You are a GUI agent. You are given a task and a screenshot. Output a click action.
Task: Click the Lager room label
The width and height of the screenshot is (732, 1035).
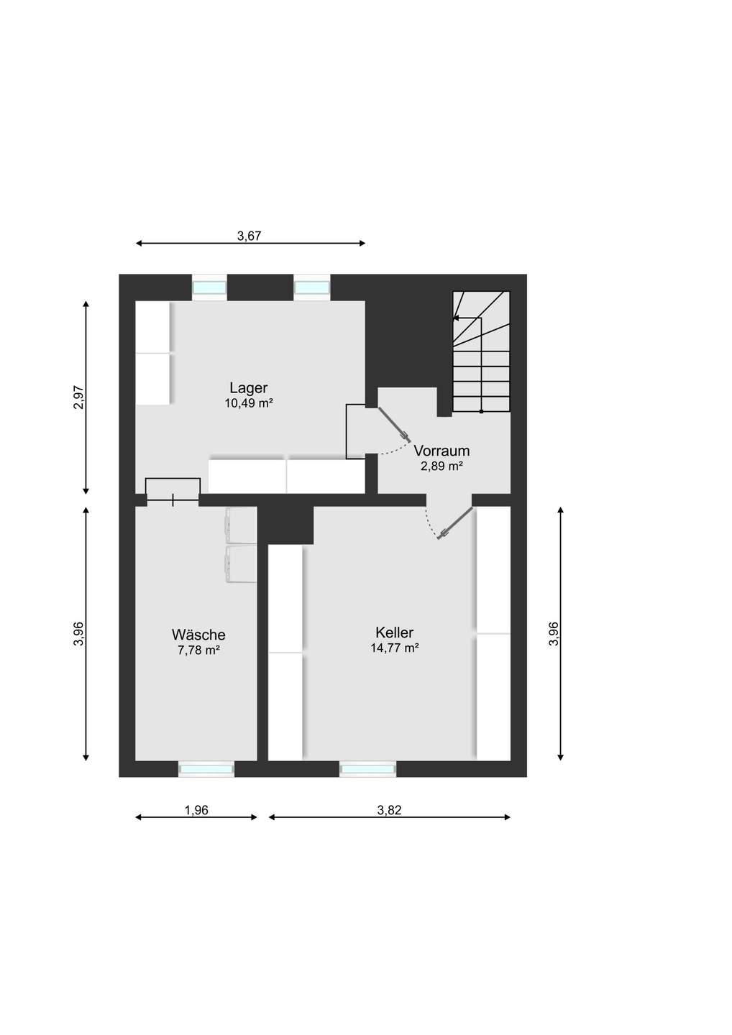click(249, 388)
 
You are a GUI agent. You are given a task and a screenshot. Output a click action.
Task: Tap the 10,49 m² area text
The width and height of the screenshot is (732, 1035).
click(249, 403)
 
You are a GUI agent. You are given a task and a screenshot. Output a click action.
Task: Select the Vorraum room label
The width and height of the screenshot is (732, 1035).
click(442, 451)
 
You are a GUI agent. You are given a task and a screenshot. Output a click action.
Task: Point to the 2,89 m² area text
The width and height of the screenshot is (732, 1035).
click(442, 466)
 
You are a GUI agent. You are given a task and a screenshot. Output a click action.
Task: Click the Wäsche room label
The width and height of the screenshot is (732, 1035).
click(198, 635)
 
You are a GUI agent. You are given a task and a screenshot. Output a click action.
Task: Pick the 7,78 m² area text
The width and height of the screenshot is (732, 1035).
click(198, 650)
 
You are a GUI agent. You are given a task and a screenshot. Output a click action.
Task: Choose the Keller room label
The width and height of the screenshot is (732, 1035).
click(394, 632)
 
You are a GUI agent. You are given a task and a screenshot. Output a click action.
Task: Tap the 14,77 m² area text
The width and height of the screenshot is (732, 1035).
click(394, 648)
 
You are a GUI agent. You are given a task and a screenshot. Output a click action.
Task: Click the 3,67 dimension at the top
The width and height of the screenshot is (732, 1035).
click(249, 236)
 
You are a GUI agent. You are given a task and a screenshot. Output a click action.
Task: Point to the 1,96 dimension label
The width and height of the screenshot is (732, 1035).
click(196, 810)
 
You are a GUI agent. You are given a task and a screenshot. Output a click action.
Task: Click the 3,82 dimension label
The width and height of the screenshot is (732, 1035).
click(389, 810)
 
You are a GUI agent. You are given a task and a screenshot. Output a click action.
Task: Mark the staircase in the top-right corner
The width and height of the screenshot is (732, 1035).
click(481, 351)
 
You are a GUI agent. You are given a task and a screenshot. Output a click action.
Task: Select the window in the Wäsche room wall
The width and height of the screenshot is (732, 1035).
click(206, 768)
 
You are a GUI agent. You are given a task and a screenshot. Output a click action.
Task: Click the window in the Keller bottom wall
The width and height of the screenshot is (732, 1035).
click(368, 768)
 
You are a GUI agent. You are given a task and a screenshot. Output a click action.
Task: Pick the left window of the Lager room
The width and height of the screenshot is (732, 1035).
click(209, 287)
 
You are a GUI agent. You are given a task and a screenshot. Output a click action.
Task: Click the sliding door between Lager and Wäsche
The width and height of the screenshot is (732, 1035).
click(173, 500)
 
